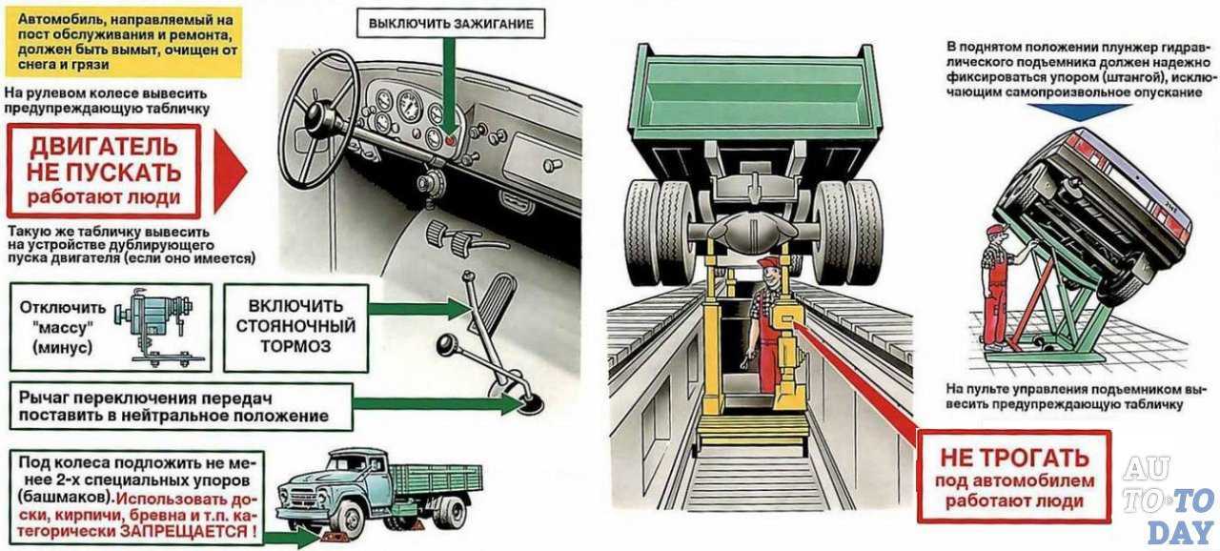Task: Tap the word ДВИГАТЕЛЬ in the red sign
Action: [x=104, y=147]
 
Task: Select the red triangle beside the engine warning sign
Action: [x=230, y=172]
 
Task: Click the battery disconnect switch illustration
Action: [x=152, y=325]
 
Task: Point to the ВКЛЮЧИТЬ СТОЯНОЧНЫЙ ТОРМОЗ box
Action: [x=295, y=326]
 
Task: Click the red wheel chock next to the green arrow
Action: [x=335, y=541]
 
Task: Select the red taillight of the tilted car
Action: [x=1178, y=229]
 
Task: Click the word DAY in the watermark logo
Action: [x=1178, y=530]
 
